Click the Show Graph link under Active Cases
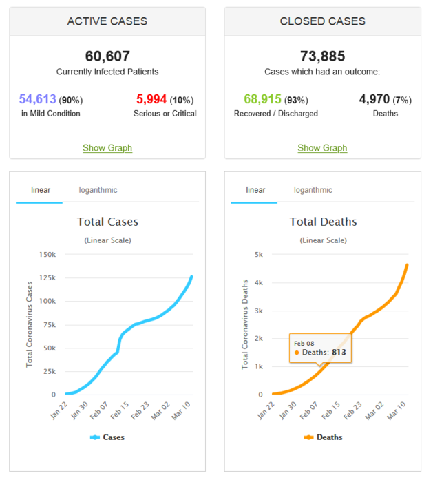[107, 148]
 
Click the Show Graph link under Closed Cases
[322, 148]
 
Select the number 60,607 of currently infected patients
[107, 56]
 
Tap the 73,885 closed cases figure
[322, 56]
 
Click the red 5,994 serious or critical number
[151, 99]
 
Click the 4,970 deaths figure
[375, 99]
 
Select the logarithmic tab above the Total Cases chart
[98, 190]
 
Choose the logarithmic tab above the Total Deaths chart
[313, 190]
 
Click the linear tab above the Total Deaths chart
[255, 190]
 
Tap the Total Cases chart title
[107, 222]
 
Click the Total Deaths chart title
[323, 222]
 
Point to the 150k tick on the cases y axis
[47, 255]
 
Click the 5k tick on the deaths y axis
[258, 255]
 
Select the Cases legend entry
[107, 437]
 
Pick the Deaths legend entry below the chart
[323, 437]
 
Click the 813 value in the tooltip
[339, 352]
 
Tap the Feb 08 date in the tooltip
[304, 342]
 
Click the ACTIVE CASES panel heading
[107, 21]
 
